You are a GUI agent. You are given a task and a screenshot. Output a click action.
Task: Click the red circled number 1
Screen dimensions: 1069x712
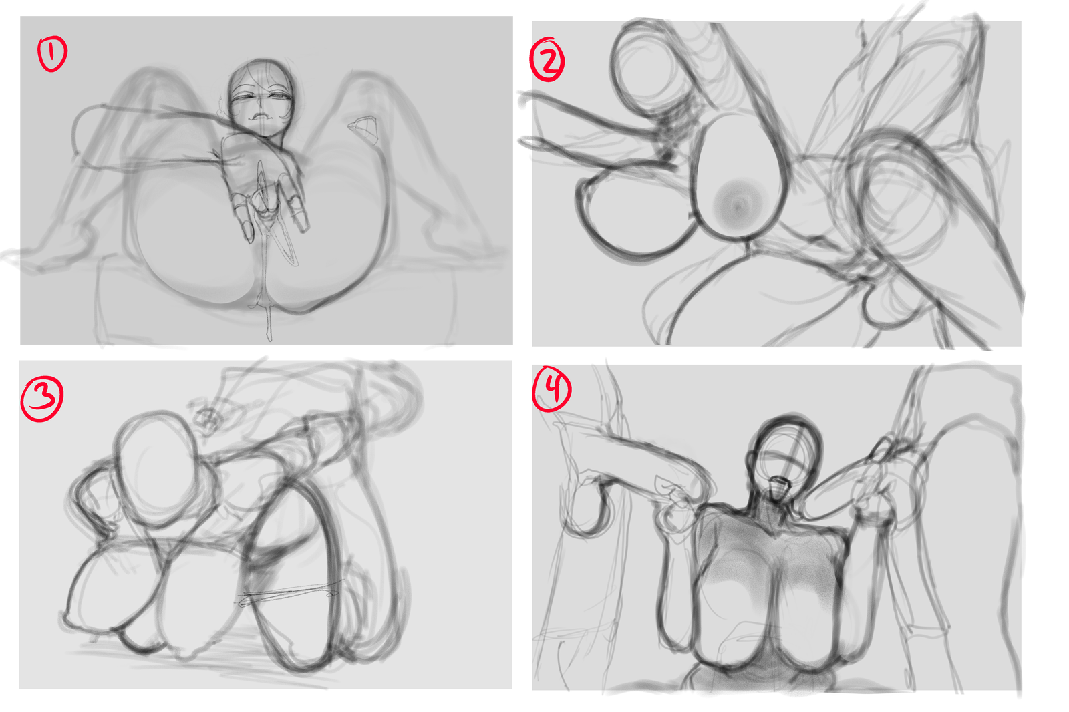(53, 54)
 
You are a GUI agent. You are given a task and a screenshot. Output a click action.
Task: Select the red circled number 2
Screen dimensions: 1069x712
(547, 59)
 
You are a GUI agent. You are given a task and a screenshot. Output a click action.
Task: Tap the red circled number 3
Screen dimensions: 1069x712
(42, 399)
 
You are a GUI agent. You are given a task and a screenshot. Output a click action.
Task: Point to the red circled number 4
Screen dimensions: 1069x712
(552, 389)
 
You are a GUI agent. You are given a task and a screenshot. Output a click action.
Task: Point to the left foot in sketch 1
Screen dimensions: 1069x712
(29, 258)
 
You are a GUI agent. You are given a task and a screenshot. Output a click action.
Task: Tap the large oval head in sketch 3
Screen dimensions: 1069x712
(158, 470)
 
